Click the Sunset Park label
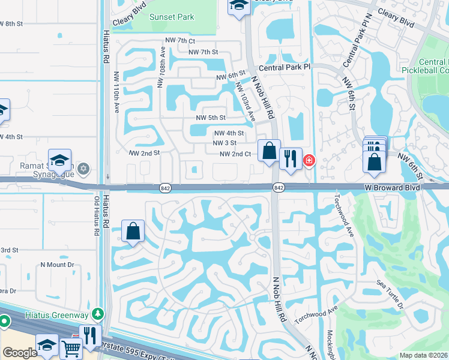coord(172,17)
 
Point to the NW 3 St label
coord(224,143)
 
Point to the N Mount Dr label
coord(57,264)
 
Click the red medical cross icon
coord(309,160)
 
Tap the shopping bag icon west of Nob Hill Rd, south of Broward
coord(133,230)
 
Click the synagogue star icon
coord(83,169)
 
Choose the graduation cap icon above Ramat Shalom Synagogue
coord(60,160)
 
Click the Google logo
coord(20,352)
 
